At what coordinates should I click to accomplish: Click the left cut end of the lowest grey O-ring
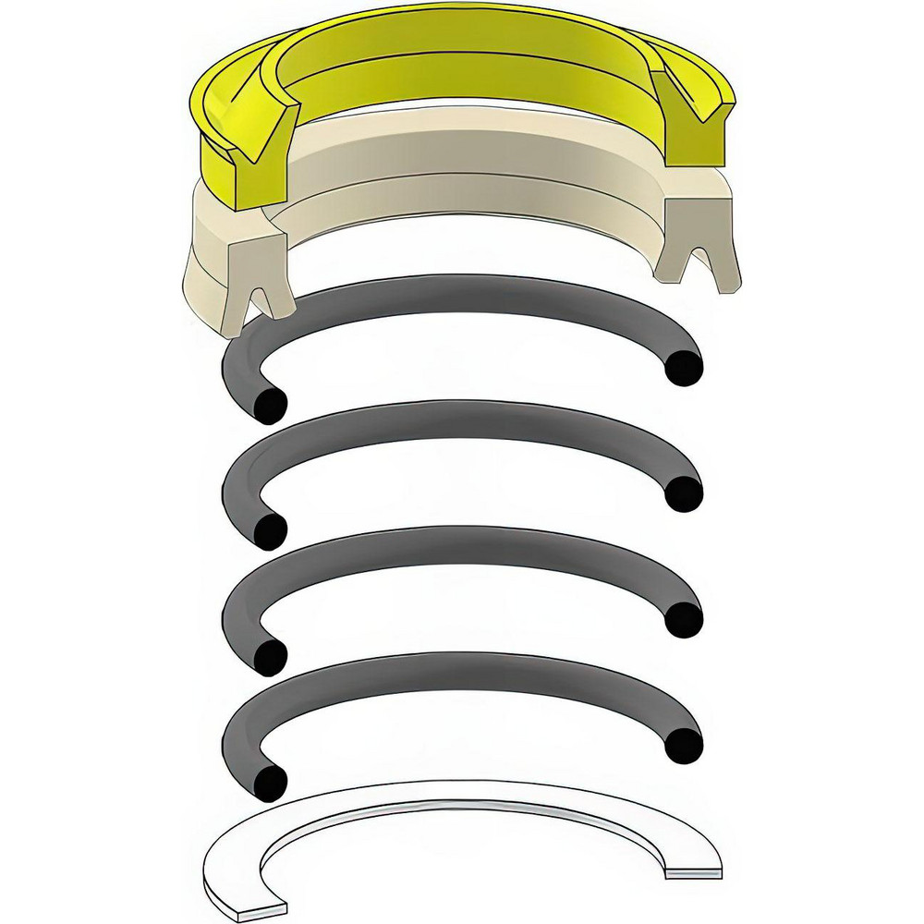(269, 784)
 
